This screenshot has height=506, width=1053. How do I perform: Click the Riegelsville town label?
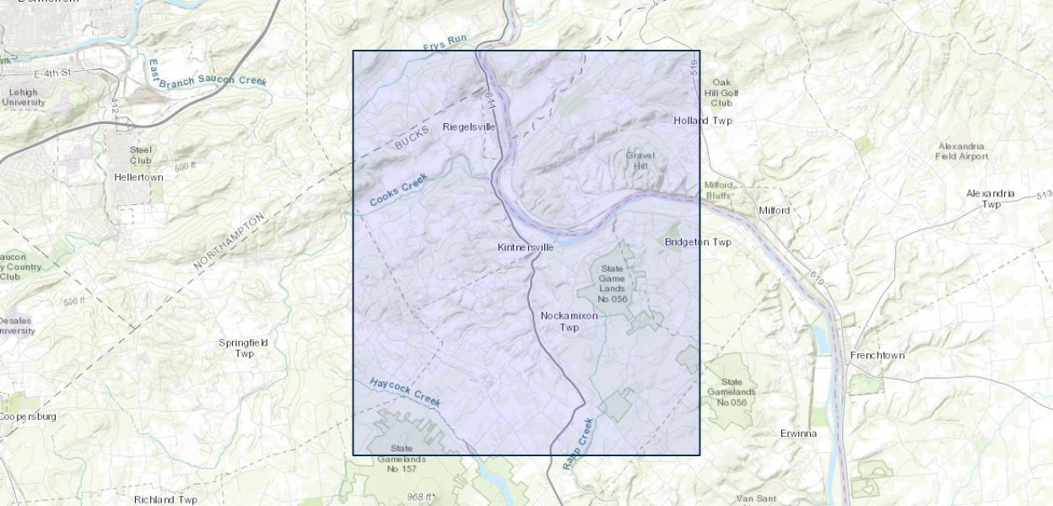point(468,127)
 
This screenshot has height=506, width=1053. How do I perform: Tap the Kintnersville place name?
point(526,248)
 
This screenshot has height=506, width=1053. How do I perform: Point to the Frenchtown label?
point(877,356)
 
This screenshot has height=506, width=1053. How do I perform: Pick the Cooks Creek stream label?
point(398,190)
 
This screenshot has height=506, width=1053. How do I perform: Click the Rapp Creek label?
point(578,444)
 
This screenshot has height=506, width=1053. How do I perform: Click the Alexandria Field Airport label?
point(962,151)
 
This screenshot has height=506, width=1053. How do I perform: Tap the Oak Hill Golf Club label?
point(721,93)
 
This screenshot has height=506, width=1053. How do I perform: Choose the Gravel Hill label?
point(640,160)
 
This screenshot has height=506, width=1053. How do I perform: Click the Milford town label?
point(775,211)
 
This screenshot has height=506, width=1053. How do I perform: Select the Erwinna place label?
point(798,433)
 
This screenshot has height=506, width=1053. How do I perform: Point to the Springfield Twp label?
point(243,348)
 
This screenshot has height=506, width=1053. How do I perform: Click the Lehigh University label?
point(24,97)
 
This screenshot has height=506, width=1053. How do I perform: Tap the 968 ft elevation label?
point(419,497)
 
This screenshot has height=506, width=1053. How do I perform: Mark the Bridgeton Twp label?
point(698,242)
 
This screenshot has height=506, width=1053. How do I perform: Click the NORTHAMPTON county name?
point(229,242)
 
